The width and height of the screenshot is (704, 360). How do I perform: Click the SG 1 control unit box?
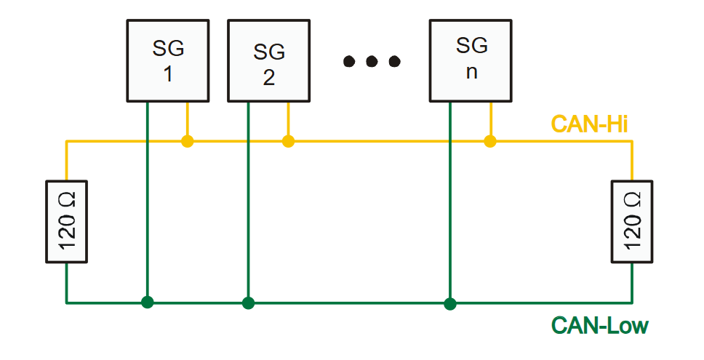pyautogui.click(x=168, y=60)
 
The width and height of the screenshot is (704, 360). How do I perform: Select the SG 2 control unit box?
pyautogui.click(x=269, y=60)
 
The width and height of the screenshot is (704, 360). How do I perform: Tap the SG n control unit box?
pyautogui.click(x=471, y=60)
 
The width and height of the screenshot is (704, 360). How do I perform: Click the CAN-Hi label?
pyautogui.click(x=589, y=124)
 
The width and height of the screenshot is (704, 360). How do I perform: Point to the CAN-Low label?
pyautogui.click(x=600, y=325)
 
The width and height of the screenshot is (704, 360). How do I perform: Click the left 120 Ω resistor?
pyautogui.click(x=66, y=222)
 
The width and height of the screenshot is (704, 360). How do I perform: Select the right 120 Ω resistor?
pyautogui.click(x=632, y=222)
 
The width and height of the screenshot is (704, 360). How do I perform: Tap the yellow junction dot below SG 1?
pyautogui.click(x=187, y=141)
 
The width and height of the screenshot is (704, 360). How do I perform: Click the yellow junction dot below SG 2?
pyautogui.click(x=288, y=141)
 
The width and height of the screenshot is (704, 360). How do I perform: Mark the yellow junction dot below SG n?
pyautogui.click(x=490, y=141)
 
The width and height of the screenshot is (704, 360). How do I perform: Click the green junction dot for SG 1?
pyautogui.click(x=147, y=303)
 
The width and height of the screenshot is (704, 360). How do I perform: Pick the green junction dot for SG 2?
pyautogui.click(x=248, y=303)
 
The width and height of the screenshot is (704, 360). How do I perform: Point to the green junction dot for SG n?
pyautogui.click(x=450, y=304)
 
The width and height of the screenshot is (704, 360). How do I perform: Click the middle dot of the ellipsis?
pyautogui.click(x=372, y=61)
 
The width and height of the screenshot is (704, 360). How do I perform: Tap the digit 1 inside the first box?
pyautogui.click(x=168, y=74)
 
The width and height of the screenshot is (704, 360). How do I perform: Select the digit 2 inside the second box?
pyautogui.click(x=269, y=78)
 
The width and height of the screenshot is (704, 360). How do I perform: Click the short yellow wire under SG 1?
pyautogui.click(x=187, y=119)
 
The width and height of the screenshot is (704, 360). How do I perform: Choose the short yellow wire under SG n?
pyautogui.click(x=490, y=119)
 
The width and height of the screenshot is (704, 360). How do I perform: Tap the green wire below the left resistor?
pyautogui.click(x=66, y=282)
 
